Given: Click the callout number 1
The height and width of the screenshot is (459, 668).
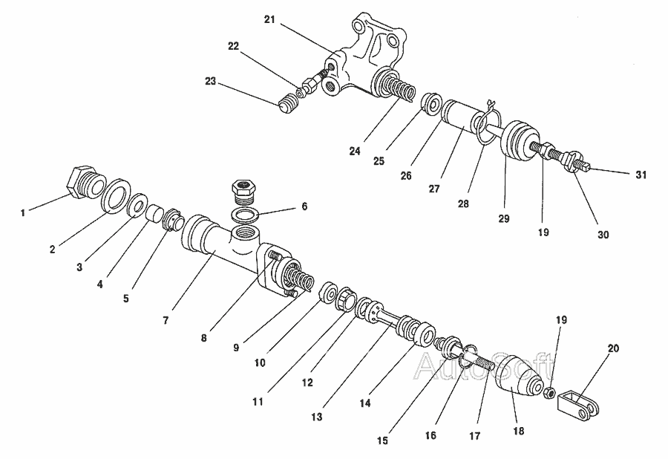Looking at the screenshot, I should (23, 212).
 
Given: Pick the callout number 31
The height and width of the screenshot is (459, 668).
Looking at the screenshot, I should (641, 175).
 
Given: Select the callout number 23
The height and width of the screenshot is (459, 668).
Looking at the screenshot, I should (211, 82).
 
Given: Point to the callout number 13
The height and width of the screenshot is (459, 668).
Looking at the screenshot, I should (317, 417).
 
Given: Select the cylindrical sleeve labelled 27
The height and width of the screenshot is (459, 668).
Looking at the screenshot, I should (461, 119).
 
